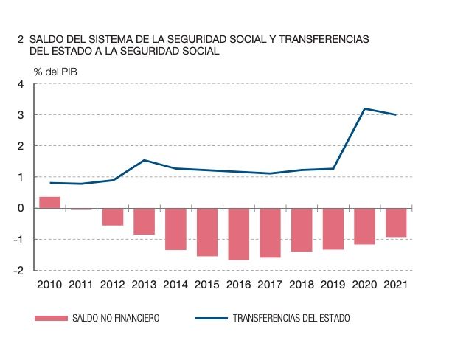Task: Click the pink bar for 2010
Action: tap(49, 202)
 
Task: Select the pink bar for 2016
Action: tap(238, 234)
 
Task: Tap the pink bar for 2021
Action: tap(396, 222)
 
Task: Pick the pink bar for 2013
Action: tap(144, 221)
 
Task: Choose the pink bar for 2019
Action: tap(333, 229)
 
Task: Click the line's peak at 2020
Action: tap(364, 108)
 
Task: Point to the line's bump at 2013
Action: tap(144, 160)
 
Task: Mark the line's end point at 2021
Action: tap(396, 114)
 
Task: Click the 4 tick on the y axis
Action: tap(21, 84)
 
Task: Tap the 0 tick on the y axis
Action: tap(21, 208)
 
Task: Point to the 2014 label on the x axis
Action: tap(175, 285)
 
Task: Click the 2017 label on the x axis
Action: tap(270, 285)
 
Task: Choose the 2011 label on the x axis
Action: tap(81, 285)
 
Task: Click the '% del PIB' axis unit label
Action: tap(55, 72)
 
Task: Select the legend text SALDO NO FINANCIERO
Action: tap(116, 319)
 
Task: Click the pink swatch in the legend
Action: tap(49, 319)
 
